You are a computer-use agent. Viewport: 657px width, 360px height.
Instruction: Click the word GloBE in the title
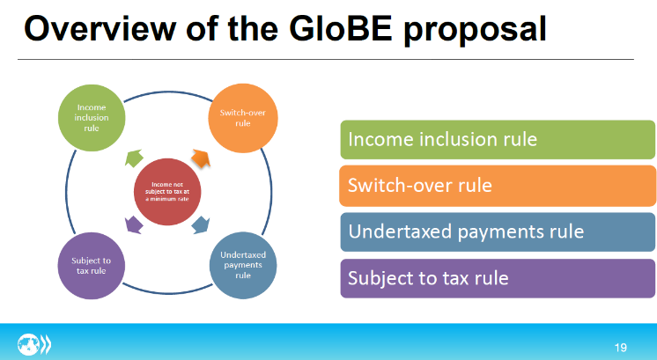(340, 28)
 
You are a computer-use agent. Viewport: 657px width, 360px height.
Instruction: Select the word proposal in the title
(476, 31)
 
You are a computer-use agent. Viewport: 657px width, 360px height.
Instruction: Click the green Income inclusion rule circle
(92, 118)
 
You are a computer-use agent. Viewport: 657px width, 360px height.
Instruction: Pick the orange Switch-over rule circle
(243, 118)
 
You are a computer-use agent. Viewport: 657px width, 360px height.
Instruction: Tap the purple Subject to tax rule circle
(92, 266)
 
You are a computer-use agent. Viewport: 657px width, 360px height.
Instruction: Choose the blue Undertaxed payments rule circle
(243, 266)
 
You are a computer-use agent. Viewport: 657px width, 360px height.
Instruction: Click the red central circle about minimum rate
(167, 192)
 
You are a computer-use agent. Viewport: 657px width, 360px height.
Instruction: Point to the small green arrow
(134, 158)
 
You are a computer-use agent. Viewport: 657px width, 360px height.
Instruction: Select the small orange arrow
(201, 158)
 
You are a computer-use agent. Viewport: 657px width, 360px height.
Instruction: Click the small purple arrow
(134, 224)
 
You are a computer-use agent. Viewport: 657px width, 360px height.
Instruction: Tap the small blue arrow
(201, 224)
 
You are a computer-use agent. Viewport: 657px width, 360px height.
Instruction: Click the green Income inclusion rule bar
(498, 140)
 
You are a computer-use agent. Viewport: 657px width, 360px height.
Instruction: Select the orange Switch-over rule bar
(498, 186)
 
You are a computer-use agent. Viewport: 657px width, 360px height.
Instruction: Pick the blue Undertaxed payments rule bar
(498, 231)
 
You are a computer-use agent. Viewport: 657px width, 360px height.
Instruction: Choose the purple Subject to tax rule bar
(498, 278)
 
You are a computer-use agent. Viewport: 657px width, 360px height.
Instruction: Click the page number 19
(621, 348)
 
